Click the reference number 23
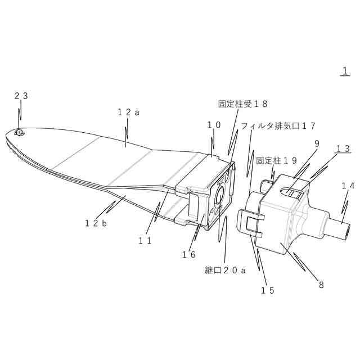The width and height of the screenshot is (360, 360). pyautogui.click(x=21, y=96)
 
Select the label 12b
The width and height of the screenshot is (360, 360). pyautogui.click(x=96, y=223)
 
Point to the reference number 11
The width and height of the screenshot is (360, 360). pyautogui.click(x=146, y=240)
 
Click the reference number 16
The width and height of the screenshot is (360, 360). pyautogui.click(x=188, y=254)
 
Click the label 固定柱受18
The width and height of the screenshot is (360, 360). pyautogui.click(x=242, y=103)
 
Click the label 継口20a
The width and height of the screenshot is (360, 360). pyautogui.click(x=226, y=271)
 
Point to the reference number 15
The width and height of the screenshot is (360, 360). pyautogui.click(x=267, y=290)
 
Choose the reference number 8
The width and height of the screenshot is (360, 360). pyautogui.click(x=321, y=285)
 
